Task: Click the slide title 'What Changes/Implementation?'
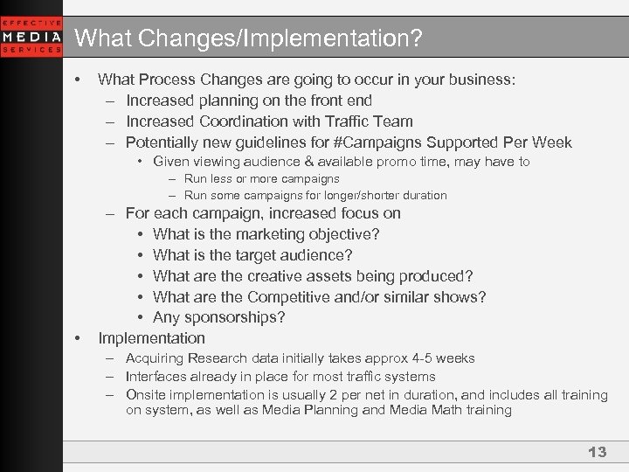point(248,38)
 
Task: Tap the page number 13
point(597,452)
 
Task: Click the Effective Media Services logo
point(31,36)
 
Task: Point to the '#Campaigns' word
point(384,142)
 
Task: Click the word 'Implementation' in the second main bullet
point(151,338)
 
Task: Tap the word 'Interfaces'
point(156,377)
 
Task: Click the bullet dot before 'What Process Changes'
point(78,80)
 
